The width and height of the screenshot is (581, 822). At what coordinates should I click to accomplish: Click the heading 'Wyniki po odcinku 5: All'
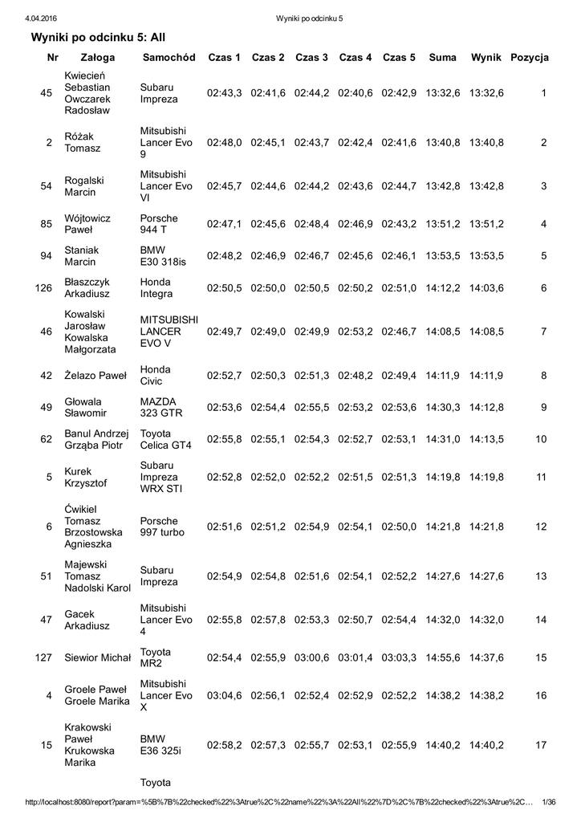pyautogui.click(x=98, y=37)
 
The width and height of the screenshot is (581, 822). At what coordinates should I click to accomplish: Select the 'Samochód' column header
pyautogui.click(x=169, y=58)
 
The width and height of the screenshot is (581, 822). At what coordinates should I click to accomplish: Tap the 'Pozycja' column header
pyautogui.click(x=530, y=58)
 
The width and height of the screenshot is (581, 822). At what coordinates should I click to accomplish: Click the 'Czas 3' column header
pyautogui.click(x=311, y=58)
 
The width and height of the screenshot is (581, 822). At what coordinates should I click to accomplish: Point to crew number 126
pyautogui.click(x=44, y=288)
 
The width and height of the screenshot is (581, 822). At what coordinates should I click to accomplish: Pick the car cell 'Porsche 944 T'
pyautogui.click(x=159, y=224)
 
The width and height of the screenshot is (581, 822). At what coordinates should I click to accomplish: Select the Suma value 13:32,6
pyautogui.click(x=443, y=93)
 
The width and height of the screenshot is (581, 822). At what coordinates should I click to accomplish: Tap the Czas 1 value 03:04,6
pyautogui.click(x=225, y=695)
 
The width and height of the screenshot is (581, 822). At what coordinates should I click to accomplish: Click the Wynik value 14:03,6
pyautogui.click(x=486, y=288)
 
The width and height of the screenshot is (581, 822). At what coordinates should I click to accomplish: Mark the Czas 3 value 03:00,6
pyautogui.click(x=311, y=658)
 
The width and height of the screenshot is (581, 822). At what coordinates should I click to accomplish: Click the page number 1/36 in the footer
pyautogui.click(x=550, y=803)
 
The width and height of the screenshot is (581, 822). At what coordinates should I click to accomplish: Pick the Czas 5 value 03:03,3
pyautogui.click(x=399, y=658)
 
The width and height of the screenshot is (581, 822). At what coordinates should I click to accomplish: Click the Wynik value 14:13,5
pyautogui.click(x=486, y=439)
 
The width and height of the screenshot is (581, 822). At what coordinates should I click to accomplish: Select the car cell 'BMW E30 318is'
pyautogui.click(x=163, y=256)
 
